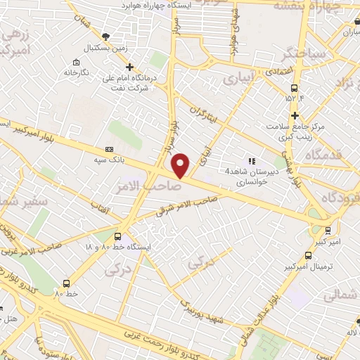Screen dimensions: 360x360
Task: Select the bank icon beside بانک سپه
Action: (109, 149)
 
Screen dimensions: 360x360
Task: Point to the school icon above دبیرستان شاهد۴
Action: (252, 161)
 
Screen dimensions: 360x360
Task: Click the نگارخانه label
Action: (77, 72)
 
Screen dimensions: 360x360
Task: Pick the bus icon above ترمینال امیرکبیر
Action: (308, 257)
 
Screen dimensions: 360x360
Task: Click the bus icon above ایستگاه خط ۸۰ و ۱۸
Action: (118, 236)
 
